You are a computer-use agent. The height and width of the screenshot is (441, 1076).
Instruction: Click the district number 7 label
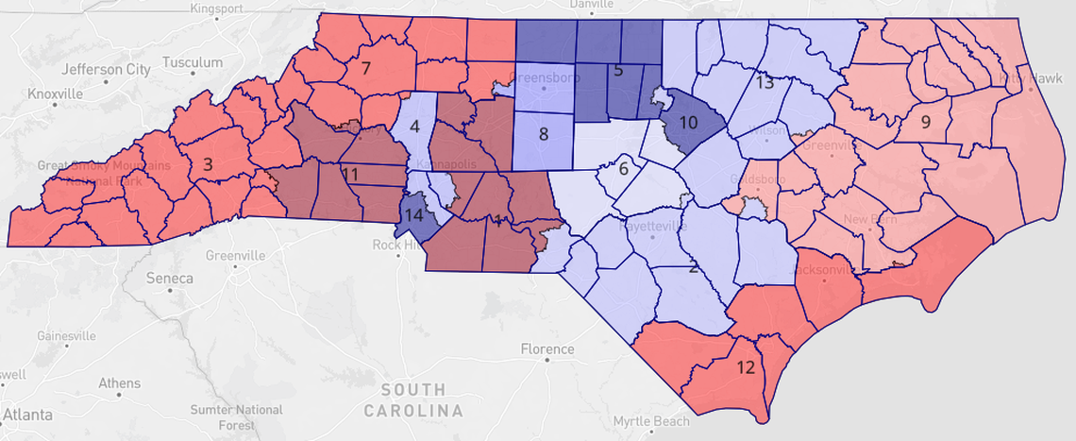tap(364, 68)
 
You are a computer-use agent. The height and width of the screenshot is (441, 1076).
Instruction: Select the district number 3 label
tap(208, 163)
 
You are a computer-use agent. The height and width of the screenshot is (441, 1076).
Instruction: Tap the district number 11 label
tap(350, 175)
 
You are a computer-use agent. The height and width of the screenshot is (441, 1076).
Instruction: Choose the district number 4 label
tap(618, 70)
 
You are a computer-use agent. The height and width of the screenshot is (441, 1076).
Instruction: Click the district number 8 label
tap(543, 134)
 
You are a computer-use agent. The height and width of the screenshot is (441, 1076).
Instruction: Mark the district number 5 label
tap(618, 70)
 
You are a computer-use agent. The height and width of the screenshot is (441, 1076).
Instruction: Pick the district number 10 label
tap(688, 124)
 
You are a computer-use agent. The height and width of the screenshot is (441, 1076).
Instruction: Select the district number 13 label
tap(765, 82)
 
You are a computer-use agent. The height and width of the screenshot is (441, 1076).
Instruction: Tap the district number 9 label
tap(925, 121)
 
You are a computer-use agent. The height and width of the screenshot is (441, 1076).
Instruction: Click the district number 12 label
tap(746, 367)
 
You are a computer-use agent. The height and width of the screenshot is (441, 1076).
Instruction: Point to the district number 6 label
tap(622, 170)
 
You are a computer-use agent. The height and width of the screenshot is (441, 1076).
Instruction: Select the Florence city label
tap(546, 349)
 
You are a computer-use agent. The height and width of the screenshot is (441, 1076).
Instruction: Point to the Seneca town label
tap(170, 279)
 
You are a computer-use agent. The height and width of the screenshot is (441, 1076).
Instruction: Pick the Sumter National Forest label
tap(236, 416)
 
